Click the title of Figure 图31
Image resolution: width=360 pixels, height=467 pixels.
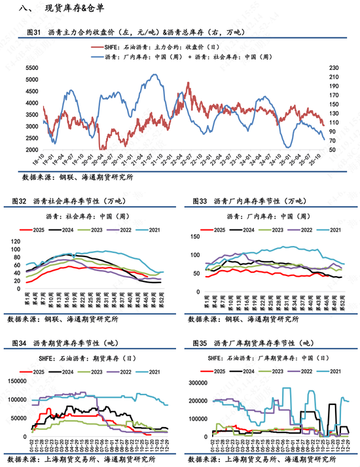tap(134, 32)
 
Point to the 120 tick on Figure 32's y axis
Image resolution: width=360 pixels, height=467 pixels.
tap(16, 241)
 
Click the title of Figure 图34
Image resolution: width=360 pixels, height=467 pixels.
tap(71, 343)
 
